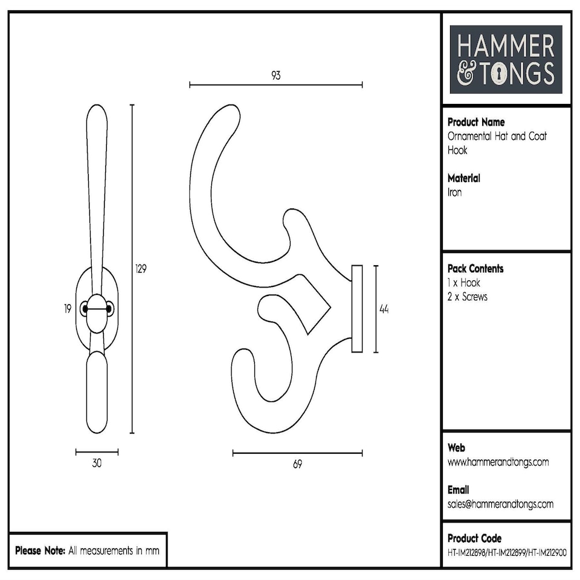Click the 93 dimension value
pos(275,76)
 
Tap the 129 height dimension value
pos(141,269)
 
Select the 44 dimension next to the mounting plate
pos(384,309)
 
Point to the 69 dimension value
pos(297,464)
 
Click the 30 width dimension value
pos(97,463)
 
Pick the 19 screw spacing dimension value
pos(68,309)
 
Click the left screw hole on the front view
pos(84,309)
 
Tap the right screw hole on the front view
pos(109,309)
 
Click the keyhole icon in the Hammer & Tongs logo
pos(500,74)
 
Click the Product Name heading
pos(476,122)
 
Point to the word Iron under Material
pos(454,192)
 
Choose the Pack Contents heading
pos(475,268)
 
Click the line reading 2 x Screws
pos(467,297)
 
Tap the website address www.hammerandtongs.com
pos(498,462)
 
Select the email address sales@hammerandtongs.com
pos(500,504)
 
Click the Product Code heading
pos(474,538)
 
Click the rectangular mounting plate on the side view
pos(357,308)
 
